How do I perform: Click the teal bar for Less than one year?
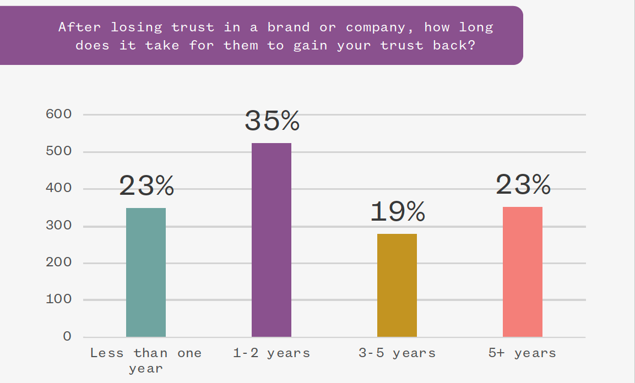tap(146, 272)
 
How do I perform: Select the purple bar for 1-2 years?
tap(272, 240)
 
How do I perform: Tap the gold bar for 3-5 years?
tap(397, 285)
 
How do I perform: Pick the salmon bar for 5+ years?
tap(523, 272)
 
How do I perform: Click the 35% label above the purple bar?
tap(272, 121)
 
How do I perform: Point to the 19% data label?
tap(398, 211)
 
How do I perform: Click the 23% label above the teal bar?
tap(146, 185)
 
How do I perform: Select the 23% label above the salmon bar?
tap(523, 184)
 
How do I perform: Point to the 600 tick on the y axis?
tap(59, 114)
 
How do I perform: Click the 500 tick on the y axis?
tap(59, 151)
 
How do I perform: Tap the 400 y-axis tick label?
tap(59, 188)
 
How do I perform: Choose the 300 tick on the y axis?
tap(59, 225)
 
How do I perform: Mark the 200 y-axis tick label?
tap(59, 262)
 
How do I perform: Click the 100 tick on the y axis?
tap(59, 299)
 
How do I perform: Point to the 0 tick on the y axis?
tap(67, 336)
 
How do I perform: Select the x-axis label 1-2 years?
tap(272, 353)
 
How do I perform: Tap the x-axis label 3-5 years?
tap(397, 353)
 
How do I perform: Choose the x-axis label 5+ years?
tap(523, 353)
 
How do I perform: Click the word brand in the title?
tap(289, 27)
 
